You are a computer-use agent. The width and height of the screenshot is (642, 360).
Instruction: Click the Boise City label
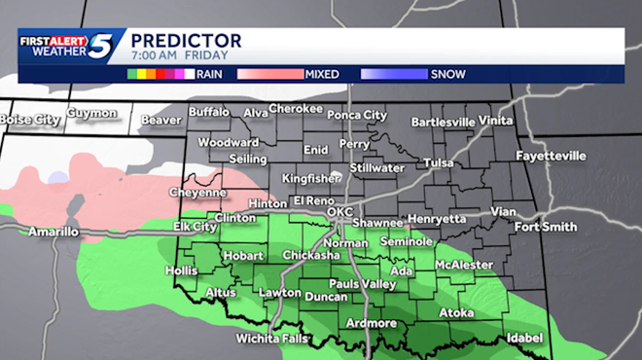point(30,119)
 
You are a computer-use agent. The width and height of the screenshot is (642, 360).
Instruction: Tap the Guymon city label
point(91,113)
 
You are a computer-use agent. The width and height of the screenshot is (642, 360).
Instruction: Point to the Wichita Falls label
point(272,339)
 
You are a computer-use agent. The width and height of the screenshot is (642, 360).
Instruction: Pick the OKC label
point(339,211)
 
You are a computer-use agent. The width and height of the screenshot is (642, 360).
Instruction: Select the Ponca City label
point(355,115)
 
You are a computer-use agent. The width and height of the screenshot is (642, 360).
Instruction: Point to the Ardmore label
point(371,323)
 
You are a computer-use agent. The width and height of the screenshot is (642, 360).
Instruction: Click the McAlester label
point(465,265)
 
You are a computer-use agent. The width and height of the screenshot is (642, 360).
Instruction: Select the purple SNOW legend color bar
point(393,74)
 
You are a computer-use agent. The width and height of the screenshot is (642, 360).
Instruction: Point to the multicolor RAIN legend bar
point(160,74)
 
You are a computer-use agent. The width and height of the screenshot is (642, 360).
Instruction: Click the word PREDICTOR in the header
point(186,40)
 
